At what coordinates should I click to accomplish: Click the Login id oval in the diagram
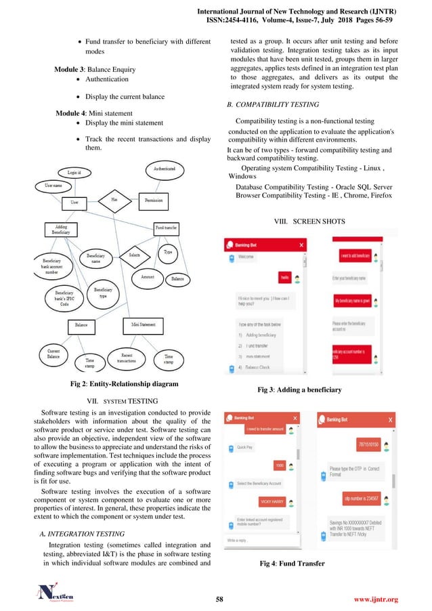[74, 173]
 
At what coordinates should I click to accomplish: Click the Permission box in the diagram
[157, 201]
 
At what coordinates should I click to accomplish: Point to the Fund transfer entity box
[167, 228]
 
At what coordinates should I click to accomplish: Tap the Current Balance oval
[53, 354]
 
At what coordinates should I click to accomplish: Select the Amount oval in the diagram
[147, 277]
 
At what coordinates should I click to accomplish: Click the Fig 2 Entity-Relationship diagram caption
[115, 384]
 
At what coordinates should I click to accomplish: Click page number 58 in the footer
[219, 599]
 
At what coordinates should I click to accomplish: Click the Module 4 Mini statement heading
[94, 112]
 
